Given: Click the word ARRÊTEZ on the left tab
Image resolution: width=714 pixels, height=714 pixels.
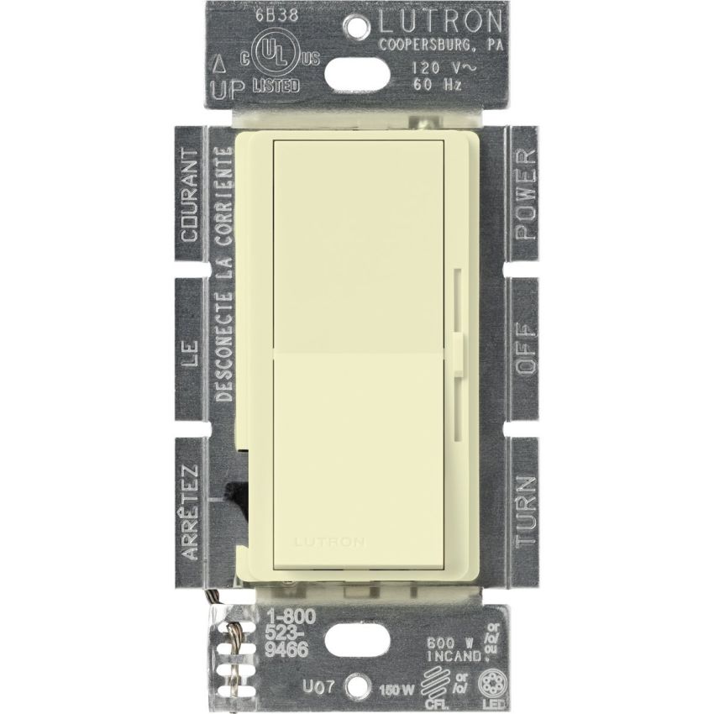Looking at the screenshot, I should click(190, 510).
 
